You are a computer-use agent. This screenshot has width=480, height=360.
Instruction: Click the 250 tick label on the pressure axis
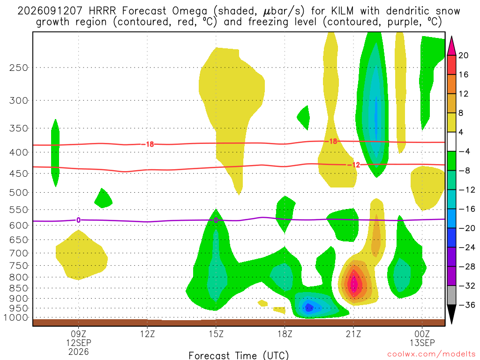tap(19, 67)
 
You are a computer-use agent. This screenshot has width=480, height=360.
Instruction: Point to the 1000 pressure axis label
tap(16, 318)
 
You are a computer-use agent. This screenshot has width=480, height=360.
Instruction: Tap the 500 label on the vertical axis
tap(19, 193)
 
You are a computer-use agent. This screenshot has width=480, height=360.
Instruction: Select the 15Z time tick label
tap(216, 334)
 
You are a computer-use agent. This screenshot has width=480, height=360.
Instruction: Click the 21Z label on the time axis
tap(353, 334)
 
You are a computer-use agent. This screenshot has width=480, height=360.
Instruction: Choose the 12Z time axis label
tap(147, 334)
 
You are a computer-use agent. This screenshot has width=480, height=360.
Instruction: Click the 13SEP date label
tap(422, 343)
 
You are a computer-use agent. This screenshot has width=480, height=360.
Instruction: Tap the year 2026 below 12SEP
tap(79, 352)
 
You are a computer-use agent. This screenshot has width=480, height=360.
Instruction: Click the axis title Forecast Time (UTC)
tap(239, 355)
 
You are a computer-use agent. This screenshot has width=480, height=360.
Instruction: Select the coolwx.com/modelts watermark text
tap(431, 354)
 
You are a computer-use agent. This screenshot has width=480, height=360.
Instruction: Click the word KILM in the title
tap(341, 11)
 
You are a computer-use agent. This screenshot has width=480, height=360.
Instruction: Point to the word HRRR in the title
tap(102, 11)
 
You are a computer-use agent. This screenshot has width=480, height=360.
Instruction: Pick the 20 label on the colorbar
tap(464, 55)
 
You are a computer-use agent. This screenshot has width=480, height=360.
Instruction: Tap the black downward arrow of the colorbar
tap(451, 314)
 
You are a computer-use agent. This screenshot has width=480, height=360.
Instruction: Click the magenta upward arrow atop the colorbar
tap(451, 46)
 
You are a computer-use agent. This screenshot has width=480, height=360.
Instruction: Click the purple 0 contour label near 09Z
tap(79, 220)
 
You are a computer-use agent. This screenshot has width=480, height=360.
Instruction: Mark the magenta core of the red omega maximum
tap(354, 284)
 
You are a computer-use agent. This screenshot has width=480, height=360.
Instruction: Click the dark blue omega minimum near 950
tap(309, 307)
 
